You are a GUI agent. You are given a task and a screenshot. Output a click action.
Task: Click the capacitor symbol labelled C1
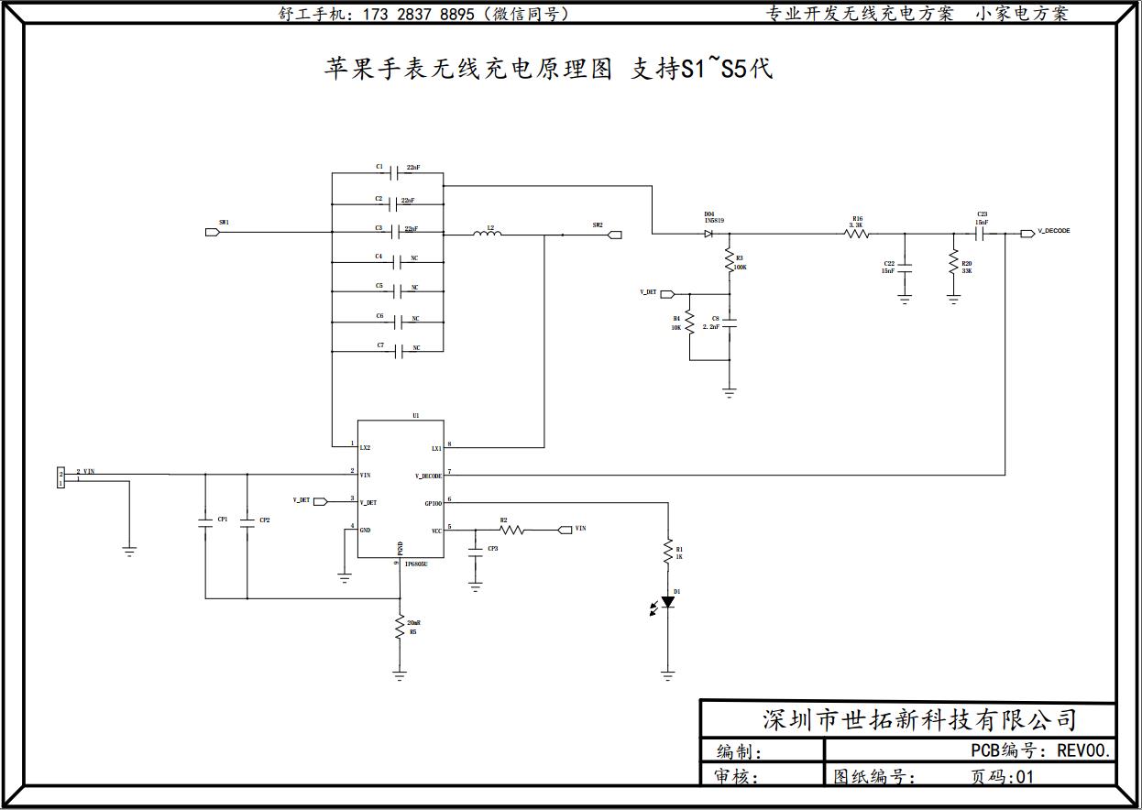coord(396,171)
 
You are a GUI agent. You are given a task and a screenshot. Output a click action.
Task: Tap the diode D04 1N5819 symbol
coord(709,234)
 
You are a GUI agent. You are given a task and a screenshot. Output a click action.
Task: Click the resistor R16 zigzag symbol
coord(857,234)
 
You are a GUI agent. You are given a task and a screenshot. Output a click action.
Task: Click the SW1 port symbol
coord(213,233)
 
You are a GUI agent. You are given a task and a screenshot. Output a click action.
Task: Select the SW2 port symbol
coord(615,235)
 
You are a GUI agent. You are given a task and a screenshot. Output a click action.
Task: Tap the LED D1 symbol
coord(667,602)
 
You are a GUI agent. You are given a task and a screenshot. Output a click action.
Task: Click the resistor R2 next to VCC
coord(511,530)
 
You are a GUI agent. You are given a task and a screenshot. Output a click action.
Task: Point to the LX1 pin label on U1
coord(436,449)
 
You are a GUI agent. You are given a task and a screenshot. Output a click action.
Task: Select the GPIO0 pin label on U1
coord(433,503)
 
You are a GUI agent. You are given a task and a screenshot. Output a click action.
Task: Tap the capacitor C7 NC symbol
coord(397,350)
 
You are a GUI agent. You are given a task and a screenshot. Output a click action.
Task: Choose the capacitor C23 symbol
coord(979,234)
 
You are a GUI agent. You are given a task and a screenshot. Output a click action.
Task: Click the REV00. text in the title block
coord(1084,750)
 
